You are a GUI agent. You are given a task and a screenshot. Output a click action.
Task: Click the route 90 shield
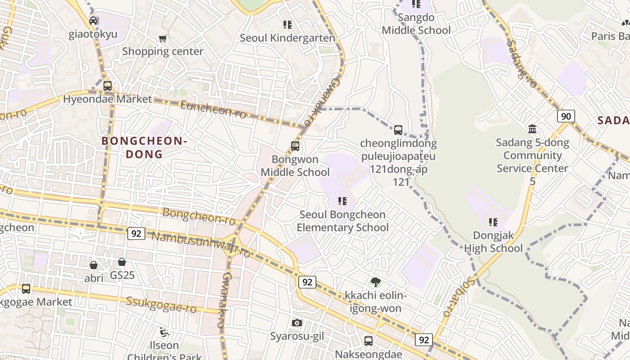pos(566,116)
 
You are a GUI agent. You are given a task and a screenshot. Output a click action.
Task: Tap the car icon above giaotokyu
pos(93,21)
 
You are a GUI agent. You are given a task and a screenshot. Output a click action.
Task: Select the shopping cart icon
pos(163,38)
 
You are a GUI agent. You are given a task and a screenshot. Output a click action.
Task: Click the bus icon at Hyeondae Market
pos(108,85)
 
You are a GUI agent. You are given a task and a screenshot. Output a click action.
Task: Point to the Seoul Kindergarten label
pos(287,38)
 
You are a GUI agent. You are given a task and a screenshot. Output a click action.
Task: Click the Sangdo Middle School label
pos(416,24)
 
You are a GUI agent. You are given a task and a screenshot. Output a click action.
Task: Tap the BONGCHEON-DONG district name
pos(144,148)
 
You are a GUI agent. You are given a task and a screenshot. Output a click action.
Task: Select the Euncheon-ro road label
pos(213,109)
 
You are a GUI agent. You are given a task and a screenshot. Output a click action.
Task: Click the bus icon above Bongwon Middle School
pos(295,146)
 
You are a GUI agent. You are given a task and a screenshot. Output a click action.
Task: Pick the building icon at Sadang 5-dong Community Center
pos(532,129)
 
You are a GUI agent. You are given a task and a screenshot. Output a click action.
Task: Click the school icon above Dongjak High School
pos(493,222)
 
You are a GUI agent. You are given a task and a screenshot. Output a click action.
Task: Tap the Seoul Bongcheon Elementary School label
pos(342,221)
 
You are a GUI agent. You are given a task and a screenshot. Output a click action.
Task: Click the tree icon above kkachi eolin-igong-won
pos(375,282)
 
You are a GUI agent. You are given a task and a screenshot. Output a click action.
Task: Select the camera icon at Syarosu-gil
pos(297,323)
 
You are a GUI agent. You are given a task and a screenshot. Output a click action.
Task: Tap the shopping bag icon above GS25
pos(122,262)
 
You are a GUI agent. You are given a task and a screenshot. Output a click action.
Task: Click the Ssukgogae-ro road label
pos(162,305)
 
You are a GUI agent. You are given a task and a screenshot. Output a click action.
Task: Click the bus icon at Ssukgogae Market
pos(26,288)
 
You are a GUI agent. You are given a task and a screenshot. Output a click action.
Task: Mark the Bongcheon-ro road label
pos(199,216)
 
